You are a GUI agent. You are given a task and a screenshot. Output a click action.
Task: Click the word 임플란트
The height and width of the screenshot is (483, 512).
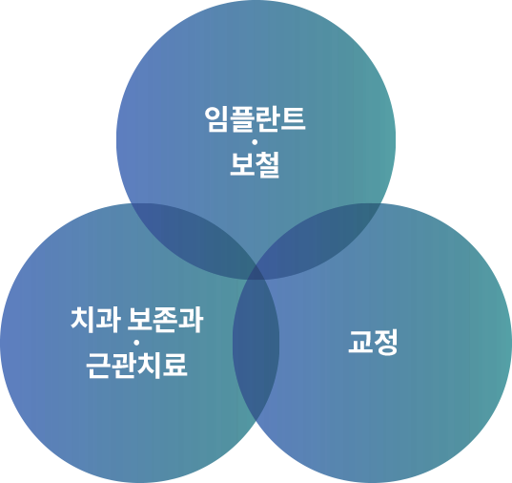[x=255, y=119]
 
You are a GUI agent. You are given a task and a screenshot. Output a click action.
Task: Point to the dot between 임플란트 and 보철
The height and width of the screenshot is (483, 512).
[x=255, y=142]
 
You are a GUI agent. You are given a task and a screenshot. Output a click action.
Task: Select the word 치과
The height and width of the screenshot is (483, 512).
[x=95, y=320]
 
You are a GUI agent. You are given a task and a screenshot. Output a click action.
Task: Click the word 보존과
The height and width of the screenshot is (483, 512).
[x=165, y=320]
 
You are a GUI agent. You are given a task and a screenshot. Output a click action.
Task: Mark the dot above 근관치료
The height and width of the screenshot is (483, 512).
[x=136, y=343]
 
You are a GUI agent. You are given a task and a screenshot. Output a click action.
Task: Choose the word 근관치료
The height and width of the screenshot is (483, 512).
[x=136, y=366]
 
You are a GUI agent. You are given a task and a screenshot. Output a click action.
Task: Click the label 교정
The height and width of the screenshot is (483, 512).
[x=373, y=342]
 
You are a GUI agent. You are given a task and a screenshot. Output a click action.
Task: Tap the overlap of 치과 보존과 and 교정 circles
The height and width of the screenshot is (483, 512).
[x=256, y=344]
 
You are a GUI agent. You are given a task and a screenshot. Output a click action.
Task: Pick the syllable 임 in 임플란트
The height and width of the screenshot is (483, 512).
[x=216, y=119]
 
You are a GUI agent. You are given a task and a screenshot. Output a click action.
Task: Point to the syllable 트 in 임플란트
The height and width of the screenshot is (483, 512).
[x=294, y=119]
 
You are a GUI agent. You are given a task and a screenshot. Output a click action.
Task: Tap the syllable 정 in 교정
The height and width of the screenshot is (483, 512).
[x=385, y=342]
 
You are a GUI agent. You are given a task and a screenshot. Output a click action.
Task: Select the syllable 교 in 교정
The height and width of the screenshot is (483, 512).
[x=360, y=342]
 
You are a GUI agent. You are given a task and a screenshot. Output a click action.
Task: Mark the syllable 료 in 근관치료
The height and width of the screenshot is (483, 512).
[x=175, y=366]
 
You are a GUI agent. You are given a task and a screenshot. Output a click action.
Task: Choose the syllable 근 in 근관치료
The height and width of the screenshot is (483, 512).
[x=98, y=366]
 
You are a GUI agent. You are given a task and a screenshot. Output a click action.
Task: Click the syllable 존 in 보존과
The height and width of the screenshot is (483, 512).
[x=165, y=320]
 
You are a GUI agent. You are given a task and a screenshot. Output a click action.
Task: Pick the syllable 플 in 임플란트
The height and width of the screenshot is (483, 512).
[x=242, y=119]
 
